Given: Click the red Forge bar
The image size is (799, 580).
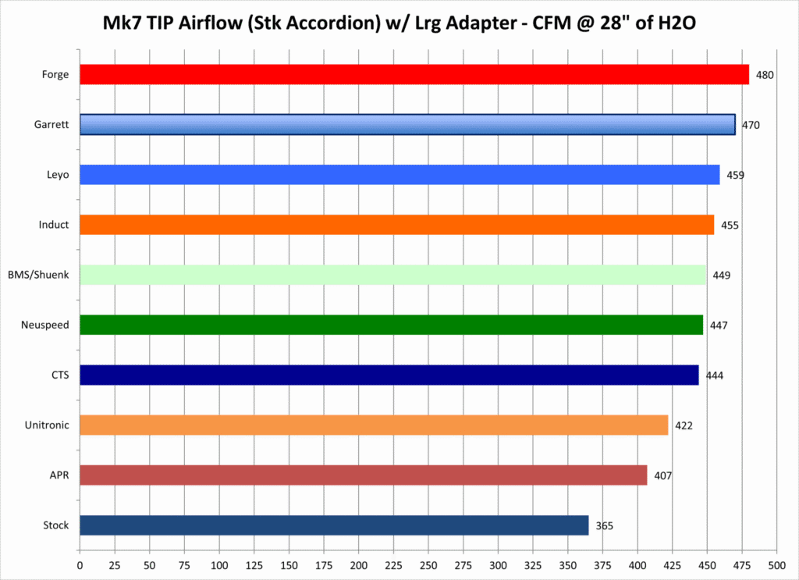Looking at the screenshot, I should click(414, 75).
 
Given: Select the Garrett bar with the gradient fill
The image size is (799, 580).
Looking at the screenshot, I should click(407, 125).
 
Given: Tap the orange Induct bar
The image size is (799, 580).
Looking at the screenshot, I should click(396, 225).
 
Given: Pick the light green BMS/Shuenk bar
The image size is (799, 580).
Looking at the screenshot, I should click(392, 275).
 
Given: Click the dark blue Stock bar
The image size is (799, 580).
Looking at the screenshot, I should click(334, 525).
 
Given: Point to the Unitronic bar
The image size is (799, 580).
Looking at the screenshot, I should click(374, 425).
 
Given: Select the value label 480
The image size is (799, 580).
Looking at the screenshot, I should click(765, 76).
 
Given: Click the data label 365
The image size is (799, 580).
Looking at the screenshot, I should click(605, 526).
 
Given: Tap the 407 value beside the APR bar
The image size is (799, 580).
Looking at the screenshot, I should click(662, 476).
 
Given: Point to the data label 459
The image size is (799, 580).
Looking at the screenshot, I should click(735, 175).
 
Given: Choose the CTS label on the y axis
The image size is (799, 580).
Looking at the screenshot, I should click(59, 375).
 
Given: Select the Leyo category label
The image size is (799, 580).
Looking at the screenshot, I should click(58, 175).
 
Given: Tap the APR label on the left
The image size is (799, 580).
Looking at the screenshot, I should click(59, 475).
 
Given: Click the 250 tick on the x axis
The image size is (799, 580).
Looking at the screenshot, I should click(428, 564).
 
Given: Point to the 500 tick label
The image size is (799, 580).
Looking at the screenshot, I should click(776, 564).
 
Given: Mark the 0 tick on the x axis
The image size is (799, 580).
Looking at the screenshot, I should click(80, 564).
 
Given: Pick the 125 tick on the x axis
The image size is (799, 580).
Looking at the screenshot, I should click(254, 564).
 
